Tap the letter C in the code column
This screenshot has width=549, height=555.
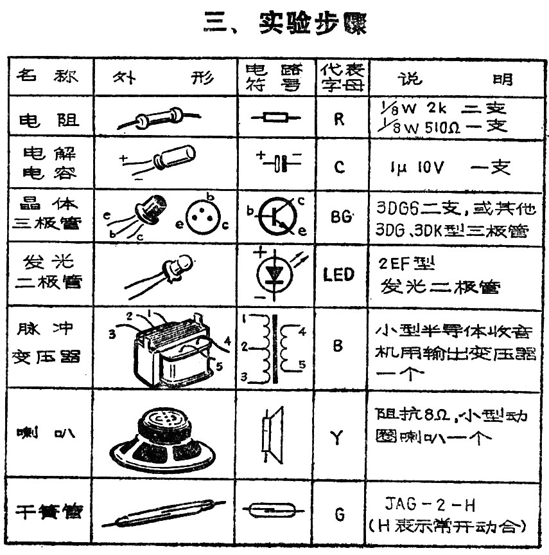340,167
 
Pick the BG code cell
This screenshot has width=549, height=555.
341,217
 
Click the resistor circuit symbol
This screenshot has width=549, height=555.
275,118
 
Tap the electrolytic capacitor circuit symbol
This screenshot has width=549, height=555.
279,163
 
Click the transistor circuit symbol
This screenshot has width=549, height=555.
279,217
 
